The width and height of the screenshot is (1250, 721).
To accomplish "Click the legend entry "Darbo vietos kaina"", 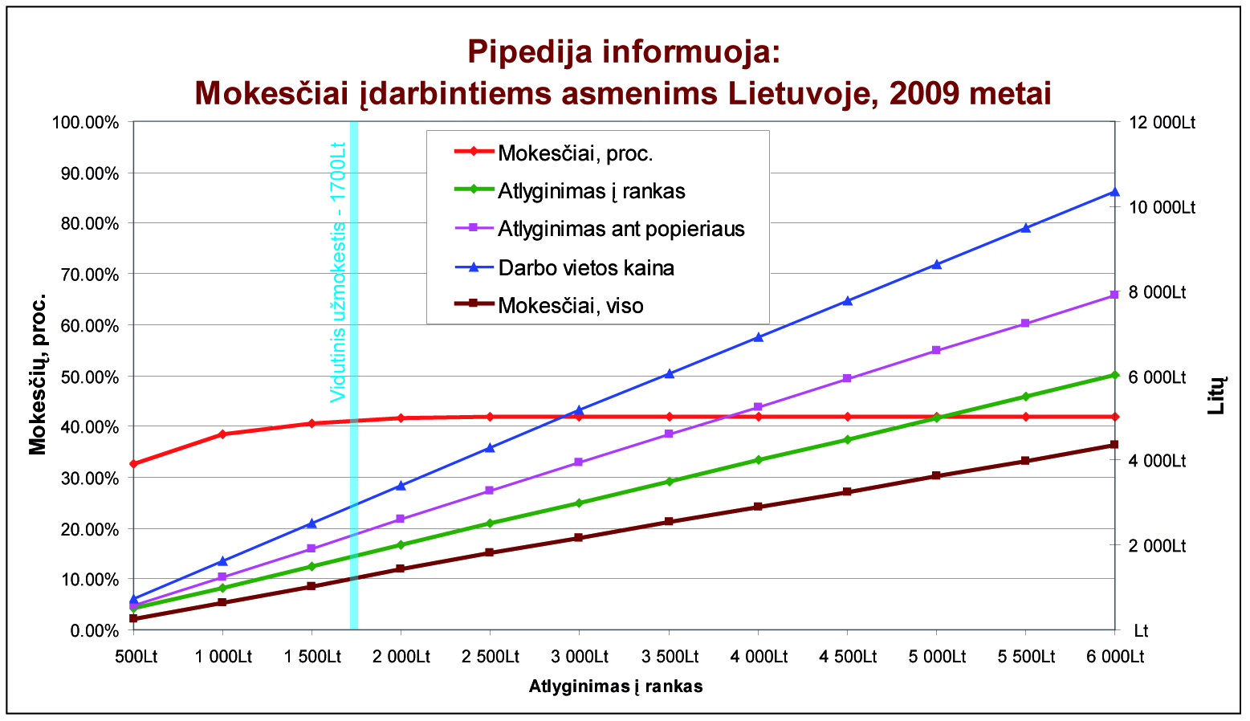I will point(586,267).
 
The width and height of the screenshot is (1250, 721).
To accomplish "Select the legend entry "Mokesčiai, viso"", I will point(570,305).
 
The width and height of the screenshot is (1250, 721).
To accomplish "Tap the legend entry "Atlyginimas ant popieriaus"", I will point(621,229).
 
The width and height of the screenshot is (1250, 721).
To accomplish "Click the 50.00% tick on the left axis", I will point(85,377).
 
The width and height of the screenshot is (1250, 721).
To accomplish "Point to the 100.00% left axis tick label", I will point(85,122).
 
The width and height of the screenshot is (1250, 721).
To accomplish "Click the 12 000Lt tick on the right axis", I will point(1162,122).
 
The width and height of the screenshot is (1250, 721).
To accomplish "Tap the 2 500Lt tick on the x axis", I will point(490,657).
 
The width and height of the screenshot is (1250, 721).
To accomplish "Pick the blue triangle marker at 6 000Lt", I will point(1114,191).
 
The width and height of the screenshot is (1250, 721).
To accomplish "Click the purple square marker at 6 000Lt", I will point(1114,295).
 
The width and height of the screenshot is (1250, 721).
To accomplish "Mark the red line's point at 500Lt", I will point(133,464).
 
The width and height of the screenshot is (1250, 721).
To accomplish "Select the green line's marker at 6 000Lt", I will point(1114,375).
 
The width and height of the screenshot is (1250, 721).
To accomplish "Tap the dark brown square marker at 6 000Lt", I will point(1114,445).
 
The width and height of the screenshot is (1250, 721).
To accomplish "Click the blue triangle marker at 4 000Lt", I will point(758,337).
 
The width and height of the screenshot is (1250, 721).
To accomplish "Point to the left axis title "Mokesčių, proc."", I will point(38,374).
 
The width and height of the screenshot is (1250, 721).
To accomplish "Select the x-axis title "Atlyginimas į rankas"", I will point(616,686).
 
